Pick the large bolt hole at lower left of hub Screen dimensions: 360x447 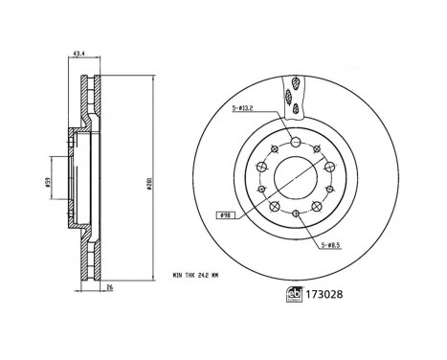275,205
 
